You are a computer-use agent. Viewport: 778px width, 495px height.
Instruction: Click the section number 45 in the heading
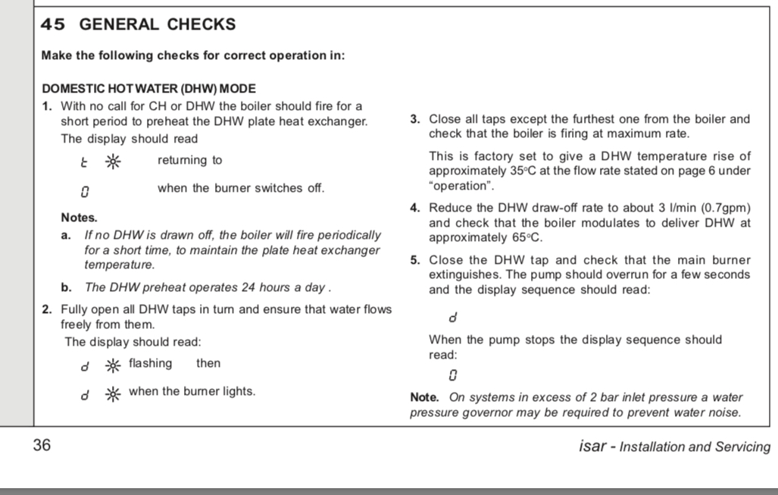click(52, 24)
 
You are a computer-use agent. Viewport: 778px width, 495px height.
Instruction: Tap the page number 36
click(42, 446)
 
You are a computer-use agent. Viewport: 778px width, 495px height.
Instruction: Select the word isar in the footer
click(591, 446)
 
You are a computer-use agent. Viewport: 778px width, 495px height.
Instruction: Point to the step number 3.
click(414, 119)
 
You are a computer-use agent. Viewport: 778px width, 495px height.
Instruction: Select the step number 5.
click(414, 260)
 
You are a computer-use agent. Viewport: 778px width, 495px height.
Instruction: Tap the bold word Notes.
click(79, 218)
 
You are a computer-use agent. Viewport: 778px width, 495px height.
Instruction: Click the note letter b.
click(66, 287)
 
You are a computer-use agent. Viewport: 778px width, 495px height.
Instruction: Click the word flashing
click(150, 363)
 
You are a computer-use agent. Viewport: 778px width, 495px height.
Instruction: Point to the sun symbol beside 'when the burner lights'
click(111, 393)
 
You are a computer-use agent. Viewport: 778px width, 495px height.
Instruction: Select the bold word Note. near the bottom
click(424, 397)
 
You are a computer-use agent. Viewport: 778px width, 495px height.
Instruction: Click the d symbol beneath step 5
click(453, 317)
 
